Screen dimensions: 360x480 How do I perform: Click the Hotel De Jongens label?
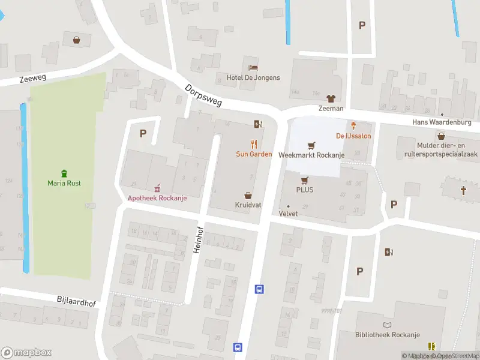point(253,78)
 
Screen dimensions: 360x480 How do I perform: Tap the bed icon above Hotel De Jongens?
point(253,67)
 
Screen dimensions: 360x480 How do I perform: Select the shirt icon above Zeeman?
point(331,98)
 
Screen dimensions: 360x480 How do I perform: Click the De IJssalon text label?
point(353,136)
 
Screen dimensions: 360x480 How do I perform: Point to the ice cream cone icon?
point(354,125)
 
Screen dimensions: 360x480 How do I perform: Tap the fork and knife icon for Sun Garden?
point(254,144)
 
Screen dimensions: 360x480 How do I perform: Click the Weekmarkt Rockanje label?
point(311,155)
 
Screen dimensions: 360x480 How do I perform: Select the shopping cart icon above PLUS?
point(304,179)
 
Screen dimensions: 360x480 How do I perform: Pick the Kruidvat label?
point(248,205)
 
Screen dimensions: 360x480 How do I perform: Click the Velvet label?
point(289,214)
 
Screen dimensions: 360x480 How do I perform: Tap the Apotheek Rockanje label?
point(157,199)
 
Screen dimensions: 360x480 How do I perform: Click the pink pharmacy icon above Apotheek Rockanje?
point(157,188)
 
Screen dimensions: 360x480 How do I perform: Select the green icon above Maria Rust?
point(64,173)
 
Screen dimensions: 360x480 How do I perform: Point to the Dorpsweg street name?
point(203,95)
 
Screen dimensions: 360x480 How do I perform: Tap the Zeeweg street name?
point(32,77)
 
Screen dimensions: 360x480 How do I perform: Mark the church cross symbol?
point(463,190)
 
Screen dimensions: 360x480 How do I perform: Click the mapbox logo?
point(26,352)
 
